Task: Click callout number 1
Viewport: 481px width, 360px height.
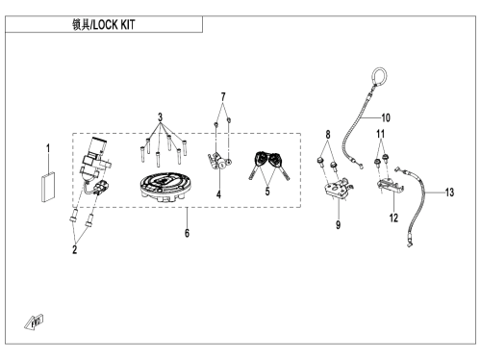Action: tap(48, 148)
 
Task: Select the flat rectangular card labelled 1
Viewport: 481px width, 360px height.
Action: tap(48, 187)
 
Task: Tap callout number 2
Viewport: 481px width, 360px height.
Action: tap(75, 249)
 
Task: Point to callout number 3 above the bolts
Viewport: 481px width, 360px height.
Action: tap(160, 117)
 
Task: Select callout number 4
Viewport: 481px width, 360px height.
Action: tap(218, 194)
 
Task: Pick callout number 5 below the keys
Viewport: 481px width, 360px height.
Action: tap(267, 192)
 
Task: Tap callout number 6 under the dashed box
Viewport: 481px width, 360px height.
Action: tap(187, 233)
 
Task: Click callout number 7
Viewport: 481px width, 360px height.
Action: tap(223, 97)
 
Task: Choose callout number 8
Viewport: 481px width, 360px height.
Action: tap(328, 135)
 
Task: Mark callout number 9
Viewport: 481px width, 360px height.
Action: tap(338, 225)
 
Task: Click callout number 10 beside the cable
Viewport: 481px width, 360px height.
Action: tap(386, 117)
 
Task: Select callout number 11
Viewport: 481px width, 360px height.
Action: tap(380, 134)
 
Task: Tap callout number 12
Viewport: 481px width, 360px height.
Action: tap(393, 219)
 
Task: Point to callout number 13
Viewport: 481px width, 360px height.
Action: tap(449, 193)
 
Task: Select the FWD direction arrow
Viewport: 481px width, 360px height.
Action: tap(34, 322)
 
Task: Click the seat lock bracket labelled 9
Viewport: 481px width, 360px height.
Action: tap(337, 190)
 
